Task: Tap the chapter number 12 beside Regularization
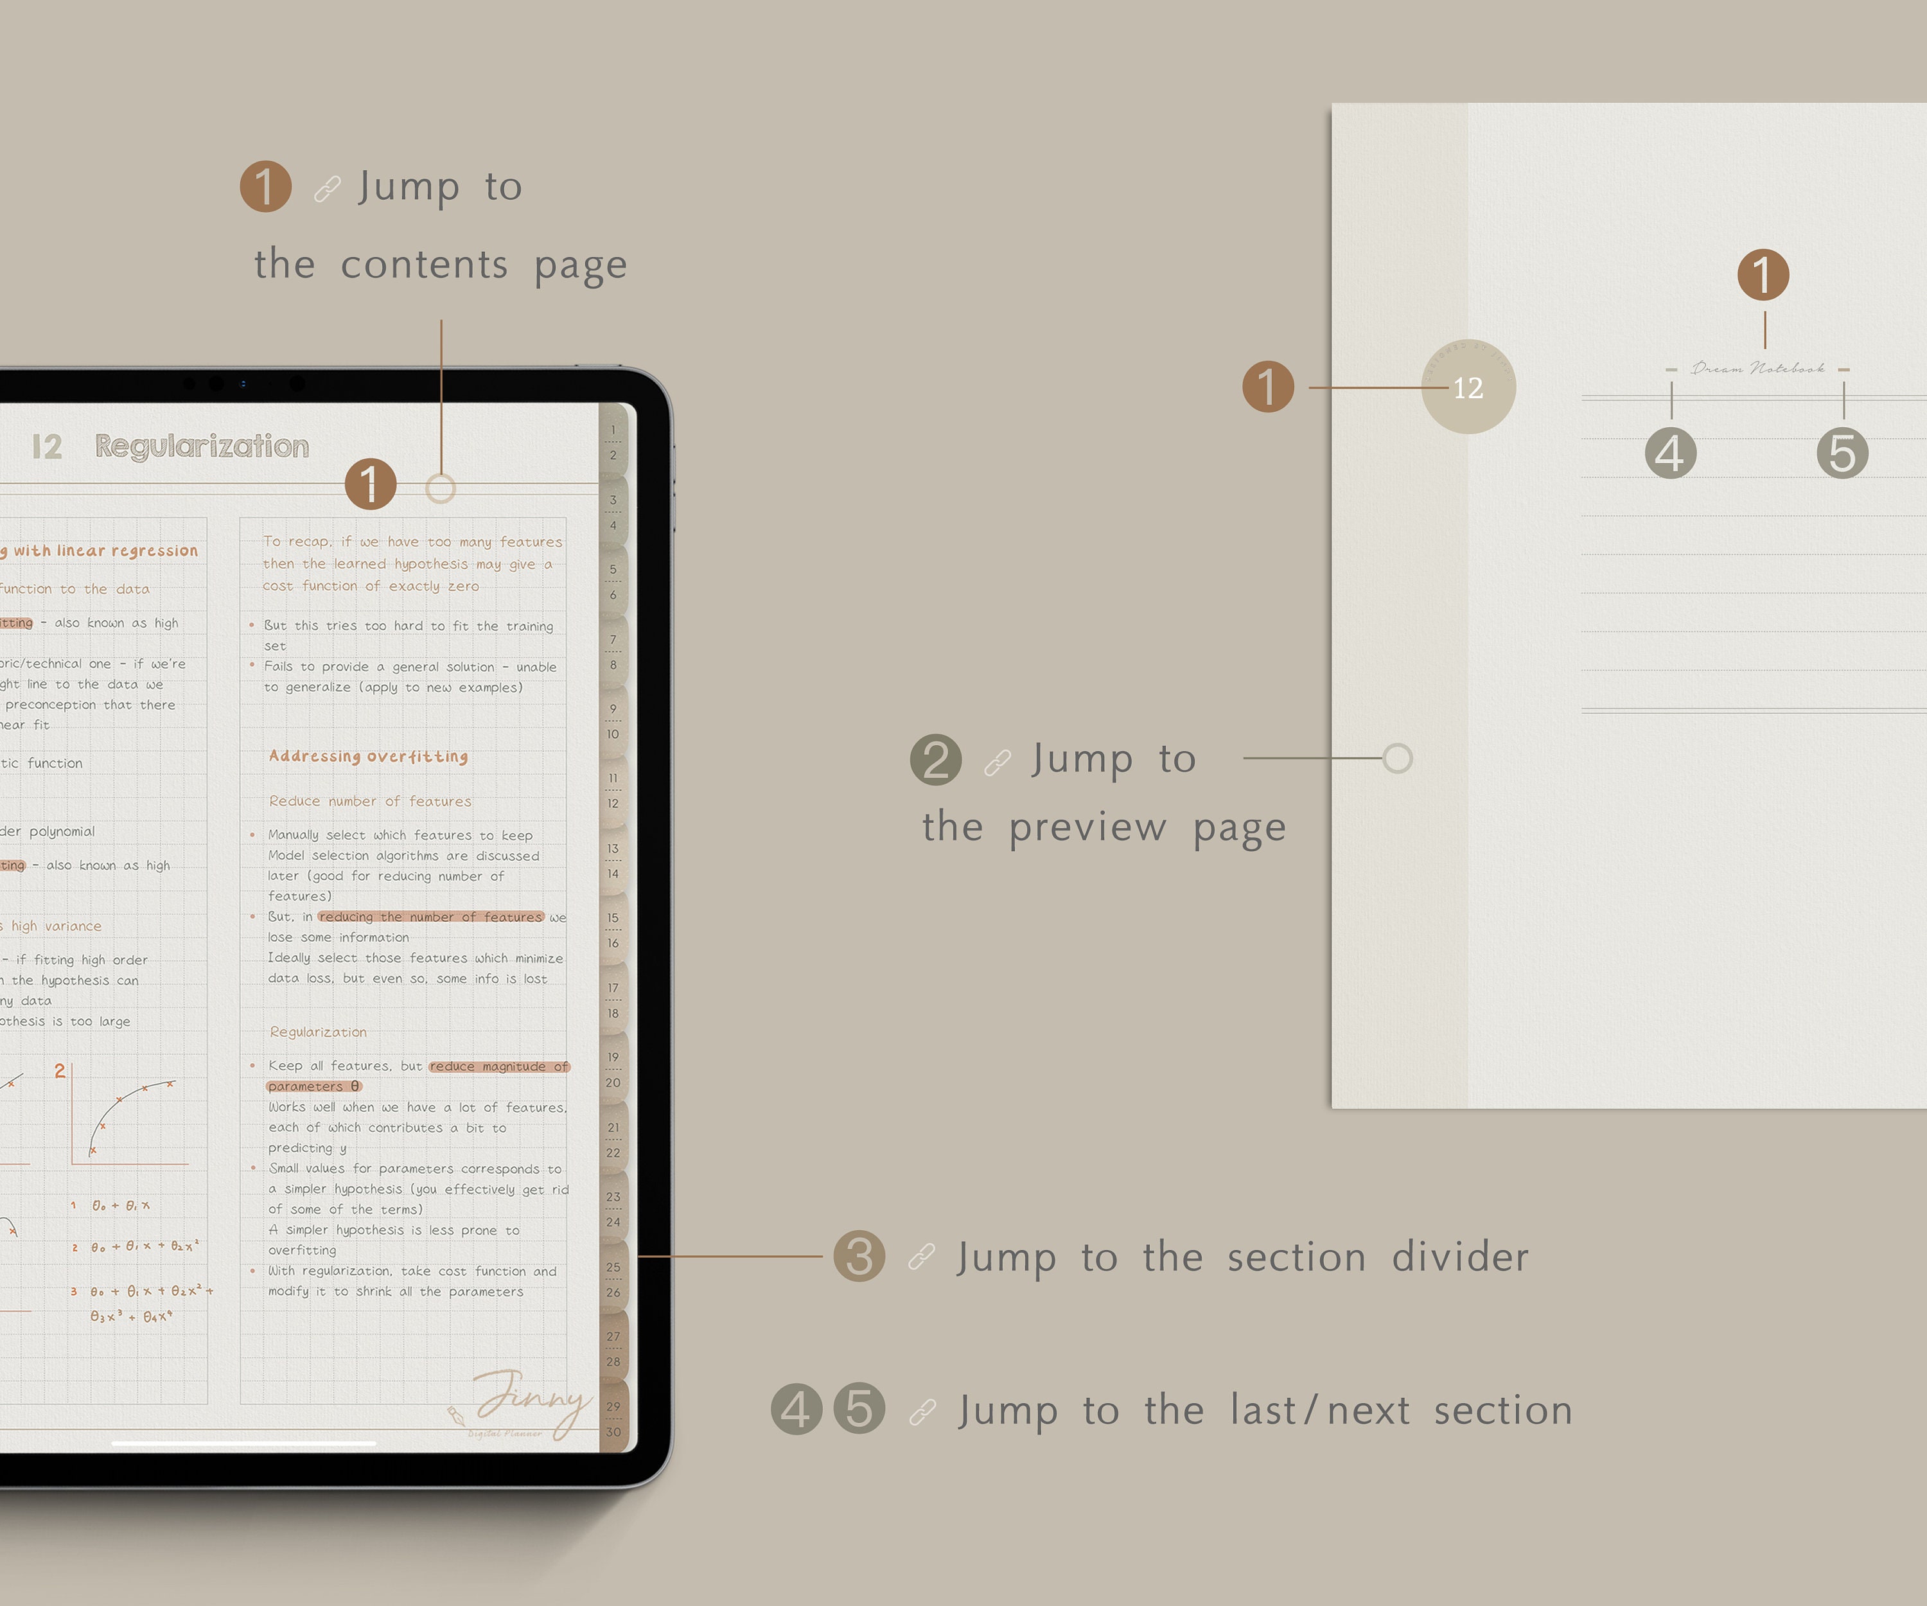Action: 47,447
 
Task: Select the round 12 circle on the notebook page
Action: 1468,387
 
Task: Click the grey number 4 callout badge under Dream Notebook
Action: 1670,454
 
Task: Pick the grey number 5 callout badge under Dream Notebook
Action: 1842,454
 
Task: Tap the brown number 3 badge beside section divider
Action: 859,1257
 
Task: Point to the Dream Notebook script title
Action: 1757,369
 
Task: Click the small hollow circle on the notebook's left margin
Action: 1396,759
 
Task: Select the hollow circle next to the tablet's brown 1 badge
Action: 441,489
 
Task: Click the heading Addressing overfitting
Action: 368,756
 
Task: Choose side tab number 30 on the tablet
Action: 613,1432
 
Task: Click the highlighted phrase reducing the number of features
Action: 430,917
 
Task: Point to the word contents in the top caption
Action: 424,265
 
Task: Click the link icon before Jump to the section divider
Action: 921,1257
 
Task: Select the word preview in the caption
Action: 1087,828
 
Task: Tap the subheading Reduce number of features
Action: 370,801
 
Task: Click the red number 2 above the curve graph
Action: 60,1071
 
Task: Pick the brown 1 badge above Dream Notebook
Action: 1763,274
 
